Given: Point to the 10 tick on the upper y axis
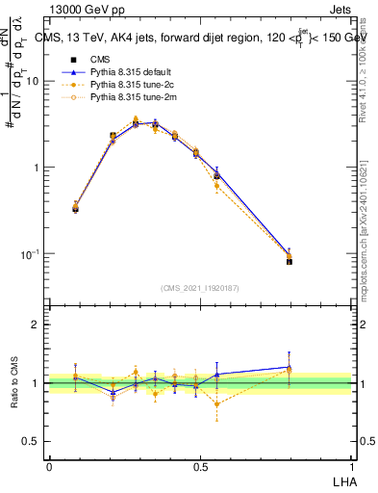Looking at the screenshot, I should coord(34,81).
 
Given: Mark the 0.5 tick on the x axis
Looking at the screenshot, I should coord(200,466).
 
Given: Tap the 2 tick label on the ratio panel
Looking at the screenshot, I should coord(38,324).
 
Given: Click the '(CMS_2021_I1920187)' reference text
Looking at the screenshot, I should coord(200,287).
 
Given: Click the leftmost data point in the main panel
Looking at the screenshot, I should coord(76,207).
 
